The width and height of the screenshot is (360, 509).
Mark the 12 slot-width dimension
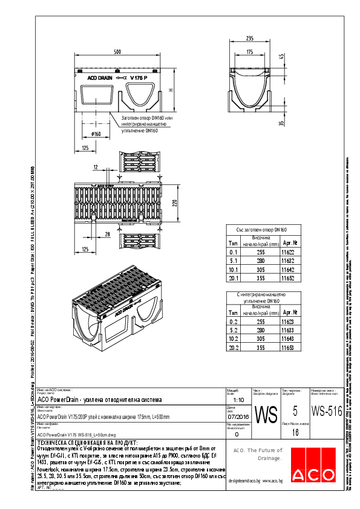(96, 166)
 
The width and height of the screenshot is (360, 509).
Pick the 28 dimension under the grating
(106, 233)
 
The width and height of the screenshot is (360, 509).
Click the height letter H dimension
(171, 89)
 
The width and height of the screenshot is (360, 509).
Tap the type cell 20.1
(233, 279)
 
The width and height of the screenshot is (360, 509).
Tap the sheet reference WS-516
(326, 412)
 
